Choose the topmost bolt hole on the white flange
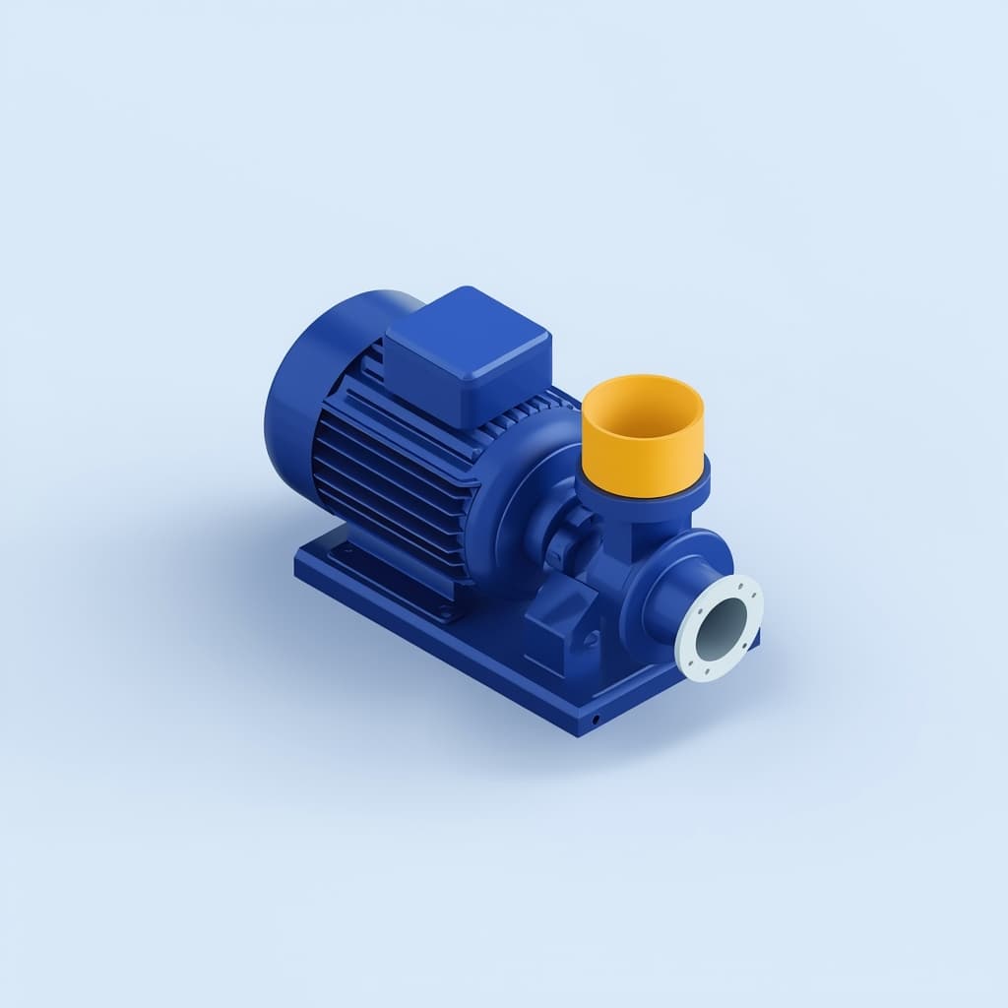pyautogui.click(x=737, y=580)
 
